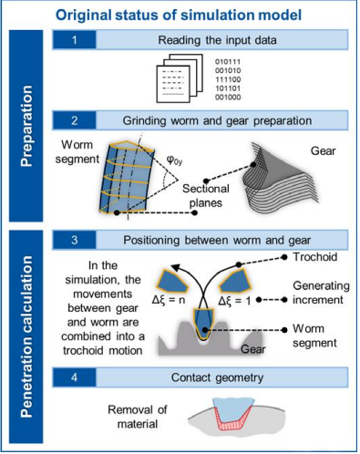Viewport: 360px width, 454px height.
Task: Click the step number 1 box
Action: coord(75,40)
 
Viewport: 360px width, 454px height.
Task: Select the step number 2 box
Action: coord(75,120)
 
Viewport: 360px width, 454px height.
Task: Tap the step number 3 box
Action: coord(75,240)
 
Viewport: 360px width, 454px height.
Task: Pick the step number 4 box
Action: coord(75,377)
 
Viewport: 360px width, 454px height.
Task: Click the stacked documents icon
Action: coord(180,78)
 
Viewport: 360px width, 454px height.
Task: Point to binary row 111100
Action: coord(228,79)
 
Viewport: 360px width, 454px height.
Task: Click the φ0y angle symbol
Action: coord(174,160)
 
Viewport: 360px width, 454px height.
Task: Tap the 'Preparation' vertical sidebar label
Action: coord(26,126)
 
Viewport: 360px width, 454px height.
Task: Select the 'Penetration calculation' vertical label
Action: coord(26,336)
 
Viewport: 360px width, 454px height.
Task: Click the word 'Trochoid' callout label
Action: coord(315,257)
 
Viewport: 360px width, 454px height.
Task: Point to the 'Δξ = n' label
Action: coord(169,300)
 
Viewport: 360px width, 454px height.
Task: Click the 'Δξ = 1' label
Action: coord(235,301)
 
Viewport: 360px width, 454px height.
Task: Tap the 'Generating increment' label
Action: coord(321,293)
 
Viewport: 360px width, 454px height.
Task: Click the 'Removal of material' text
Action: coord(138,417)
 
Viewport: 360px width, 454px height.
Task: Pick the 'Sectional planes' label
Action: coord(206,196)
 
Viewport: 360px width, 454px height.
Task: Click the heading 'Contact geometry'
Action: coord(217,377)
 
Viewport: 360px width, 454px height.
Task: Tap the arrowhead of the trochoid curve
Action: coord(175,267)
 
